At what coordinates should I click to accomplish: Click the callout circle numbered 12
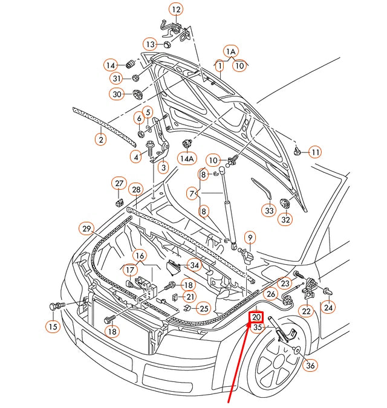point(175,10)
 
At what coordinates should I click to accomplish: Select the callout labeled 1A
point(230,51)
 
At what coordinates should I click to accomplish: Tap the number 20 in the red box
point(256,317)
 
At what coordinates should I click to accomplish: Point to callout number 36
point(310,364)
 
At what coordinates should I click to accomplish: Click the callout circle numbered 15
point(53,326)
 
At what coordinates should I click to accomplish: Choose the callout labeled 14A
point(187,158)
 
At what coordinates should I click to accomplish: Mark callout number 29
point(87,228)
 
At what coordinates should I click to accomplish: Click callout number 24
point(328,307)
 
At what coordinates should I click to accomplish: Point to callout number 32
point(285,219)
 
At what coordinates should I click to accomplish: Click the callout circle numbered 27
point(119,183)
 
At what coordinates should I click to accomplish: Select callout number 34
point(194,265)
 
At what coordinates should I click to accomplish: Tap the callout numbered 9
point(250,238)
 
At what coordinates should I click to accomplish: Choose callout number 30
point(117,94)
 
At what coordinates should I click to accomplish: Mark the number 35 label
point(258,328)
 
